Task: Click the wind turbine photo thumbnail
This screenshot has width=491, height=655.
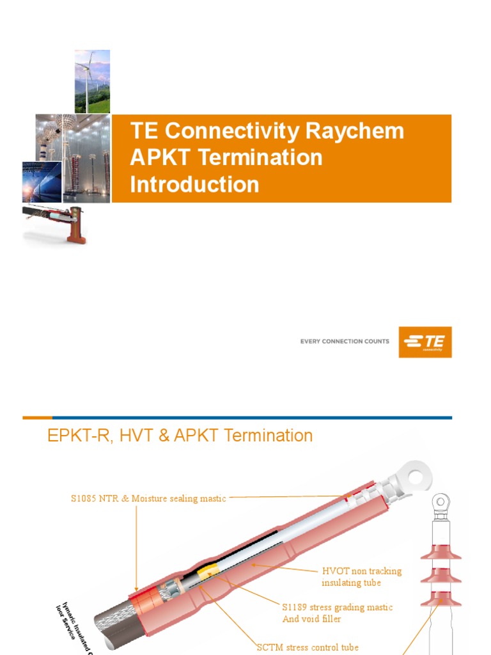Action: [x=92, y=81]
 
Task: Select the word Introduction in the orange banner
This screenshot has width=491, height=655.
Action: [x=194, y=184]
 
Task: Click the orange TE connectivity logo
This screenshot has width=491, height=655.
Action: [x=425, y=342]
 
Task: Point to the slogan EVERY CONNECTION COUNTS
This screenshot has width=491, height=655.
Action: [x=344, y=342]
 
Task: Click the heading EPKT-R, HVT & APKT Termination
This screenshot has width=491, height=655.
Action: [x=180, y=436]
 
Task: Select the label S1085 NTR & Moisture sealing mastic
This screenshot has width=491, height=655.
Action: [x=148, y=498]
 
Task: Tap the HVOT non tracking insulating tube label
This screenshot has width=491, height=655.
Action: [x=361, y=576]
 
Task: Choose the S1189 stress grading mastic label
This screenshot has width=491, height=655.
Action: [x=337, y=613]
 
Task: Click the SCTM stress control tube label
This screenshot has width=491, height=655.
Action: [x=308, y=647]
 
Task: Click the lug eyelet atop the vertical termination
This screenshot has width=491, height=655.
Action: [x=440, y=501]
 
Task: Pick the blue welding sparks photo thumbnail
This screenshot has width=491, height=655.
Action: [x=42, y=182]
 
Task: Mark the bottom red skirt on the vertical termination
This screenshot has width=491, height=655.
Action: [x=440, y=599]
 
